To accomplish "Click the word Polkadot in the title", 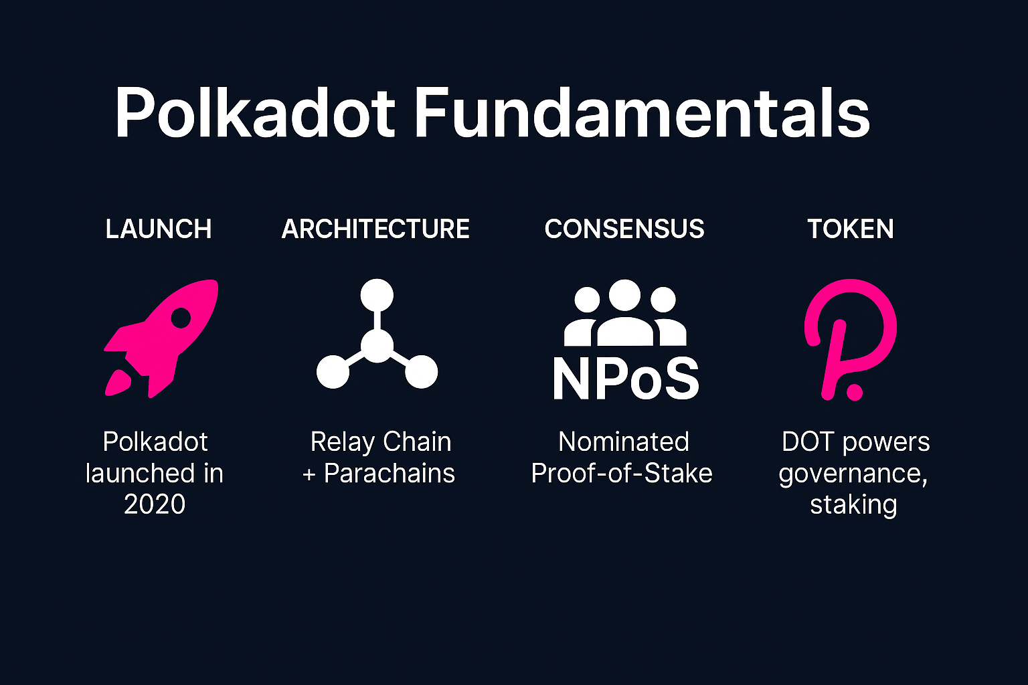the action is pyautogui.click(x=255, y=112).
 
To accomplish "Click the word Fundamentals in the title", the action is pyautogui.click(x=642, y=112).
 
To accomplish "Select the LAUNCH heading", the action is pyautogui.click(x=159, y=229).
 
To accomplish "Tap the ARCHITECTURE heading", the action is pyautogui.click(x=375, y=229).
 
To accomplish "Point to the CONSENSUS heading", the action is pyautogui.click(x=624, y=229).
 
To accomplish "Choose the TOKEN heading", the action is pyautogui.click(x=851, y=229).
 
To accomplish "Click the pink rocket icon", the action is pyautogui.click(x=161, y=338).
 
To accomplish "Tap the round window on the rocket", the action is pyautogui.click(x=181, y=318).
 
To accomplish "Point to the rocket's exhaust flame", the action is pyautogui.click(x=118, y=383).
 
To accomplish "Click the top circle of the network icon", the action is pyautogui.click(x=377, y=295).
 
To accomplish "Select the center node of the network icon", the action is pyautogui.click(x=377, y=347).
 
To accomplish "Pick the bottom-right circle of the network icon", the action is pyautogui.click(x=421, y=372).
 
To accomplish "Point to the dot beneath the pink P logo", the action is pyautogui.click(x=854, y=392).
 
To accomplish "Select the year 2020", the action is pyautogui.click(x=154, y=504).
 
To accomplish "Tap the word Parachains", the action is pyautogui.click(x=389, y=473).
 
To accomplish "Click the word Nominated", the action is pyautogui.click(x=624, y=442).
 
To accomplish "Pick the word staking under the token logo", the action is pyautogui.click(x=853, y=505).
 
